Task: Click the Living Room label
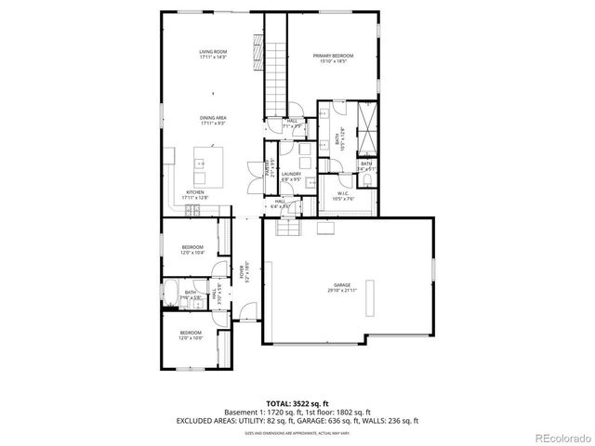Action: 213,54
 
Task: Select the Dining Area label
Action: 213,120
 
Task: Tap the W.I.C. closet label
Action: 343,195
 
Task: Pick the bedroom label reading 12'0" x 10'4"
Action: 192,249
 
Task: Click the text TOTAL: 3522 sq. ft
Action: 297,404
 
